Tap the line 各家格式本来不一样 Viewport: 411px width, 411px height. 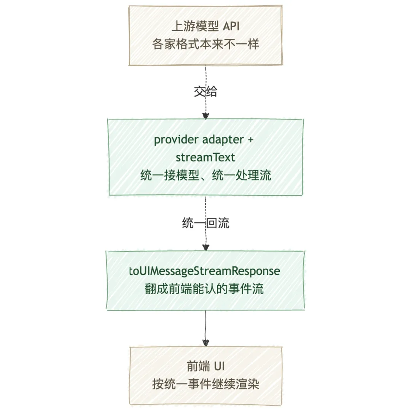coord(205,45)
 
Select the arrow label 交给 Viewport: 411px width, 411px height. coord(205,92)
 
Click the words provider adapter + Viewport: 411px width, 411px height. coord(204,140)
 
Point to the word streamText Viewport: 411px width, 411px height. coord(205,157)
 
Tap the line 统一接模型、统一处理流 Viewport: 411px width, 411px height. coord(205,175)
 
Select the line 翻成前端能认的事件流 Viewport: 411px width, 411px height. coord(205,289)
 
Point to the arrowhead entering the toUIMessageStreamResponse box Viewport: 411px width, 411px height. coord(205,247)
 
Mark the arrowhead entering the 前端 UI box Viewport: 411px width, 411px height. coord(205,342)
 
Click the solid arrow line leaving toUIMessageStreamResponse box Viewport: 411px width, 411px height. coord(205,323)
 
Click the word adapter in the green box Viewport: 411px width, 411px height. coord(221,140)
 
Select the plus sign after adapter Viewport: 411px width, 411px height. coord(250,140)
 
